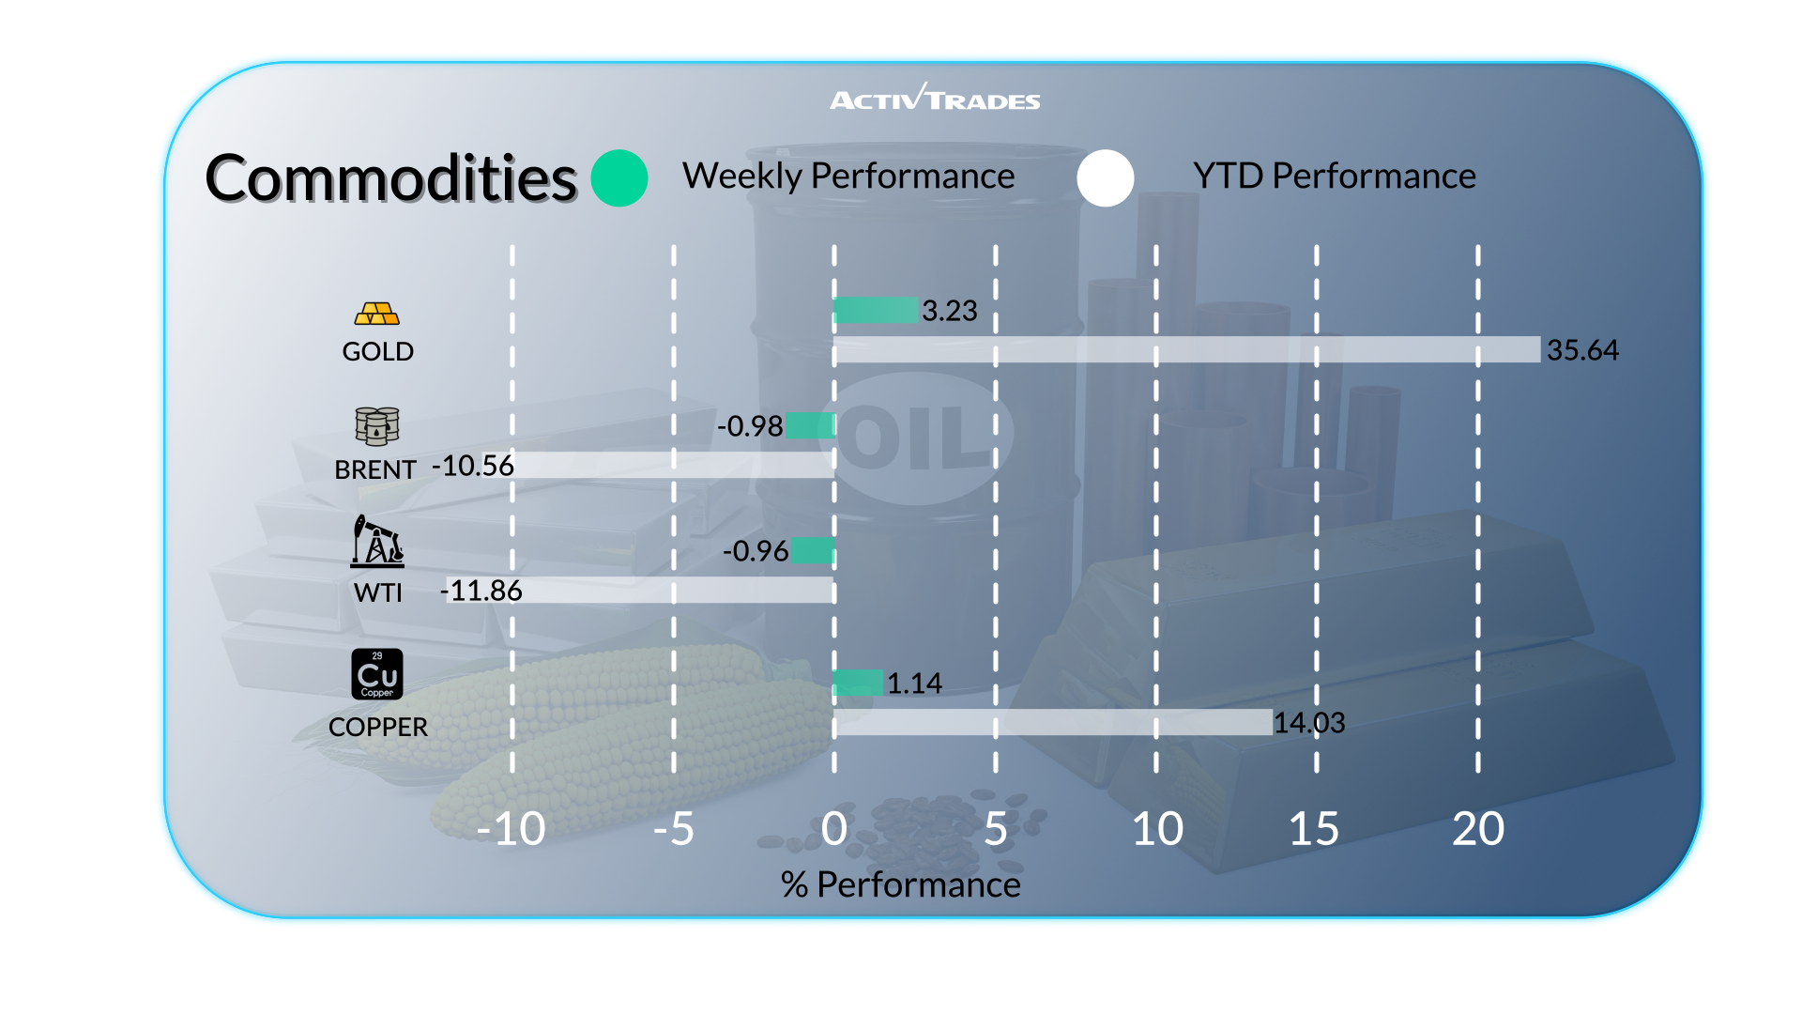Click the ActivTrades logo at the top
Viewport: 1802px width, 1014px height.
935,99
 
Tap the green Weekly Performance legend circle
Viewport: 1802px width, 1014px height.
619,178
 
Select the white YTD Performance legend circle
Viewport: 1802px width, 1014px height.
1106,178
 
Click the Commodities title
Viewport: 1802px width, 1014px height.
390,178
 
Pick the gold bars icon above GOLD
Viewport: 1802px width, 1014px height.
377,314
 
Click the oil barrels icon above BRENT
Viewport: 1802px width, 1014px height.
377,426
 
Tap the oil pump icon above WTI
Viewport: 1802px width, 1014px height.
377,541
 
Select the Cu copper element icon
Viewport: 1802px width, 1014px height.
377,674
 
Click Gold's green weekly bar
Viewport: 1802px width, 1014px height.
876,310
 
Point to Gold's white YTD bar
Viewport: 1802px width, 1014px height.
1187,349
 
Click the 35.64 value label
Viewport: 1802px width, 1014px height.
1582,350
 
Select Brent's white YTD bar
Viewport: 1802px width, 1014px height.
673,465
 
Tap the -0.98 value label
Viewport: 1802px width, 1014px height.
749,426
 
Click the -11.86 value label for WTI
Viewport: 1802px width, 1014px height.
481,591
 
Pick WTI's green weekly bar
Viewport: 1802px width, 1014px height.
813,550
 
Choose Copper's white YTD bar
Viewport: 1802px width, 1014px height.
1053,722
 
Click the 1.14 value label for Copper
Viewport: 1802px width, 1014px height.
914,684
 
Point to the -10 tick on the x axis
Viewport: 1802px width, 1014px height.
511,829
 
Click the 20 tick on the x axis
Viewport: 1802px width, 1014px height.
1477,829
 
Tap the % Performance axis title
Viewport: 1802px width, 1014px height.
900,884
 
